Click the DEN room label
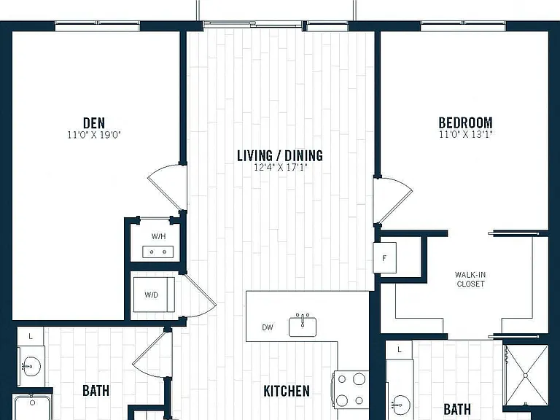94,122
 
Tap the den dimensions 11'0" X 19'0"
94,135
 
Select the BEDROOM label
465,122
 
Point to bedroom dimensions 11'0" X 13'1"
466,135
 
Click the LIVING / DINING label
280,156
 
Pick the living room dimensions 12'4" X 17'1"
280,167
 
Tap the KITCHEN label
287,391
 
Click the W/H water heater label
158,236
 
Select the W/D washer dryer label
152,295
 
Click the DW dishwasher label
268,327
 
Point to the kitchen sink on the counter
303,325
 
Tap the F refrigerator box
385,258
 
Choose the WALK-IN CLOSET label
470,279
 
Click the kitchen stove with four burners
350,389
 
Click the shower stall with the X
525,376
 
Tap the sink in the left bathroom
31,366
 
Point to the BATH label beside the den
96,391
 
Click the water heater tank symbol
157,252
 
